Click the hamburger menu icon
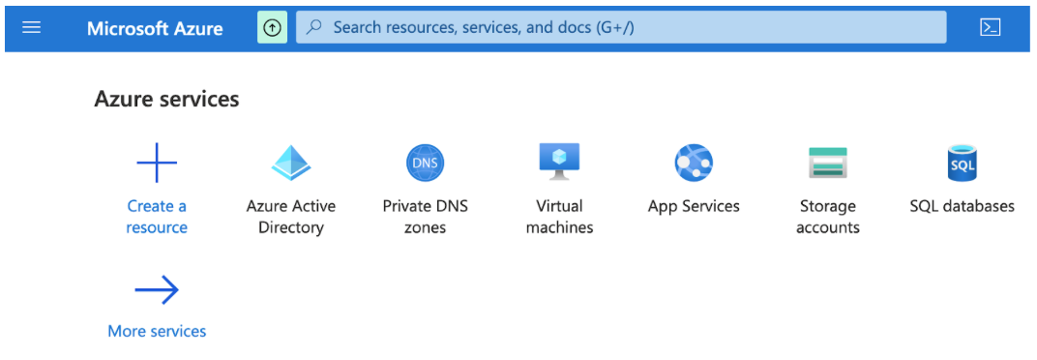coord(31,27)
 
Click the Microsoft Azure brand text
coord(155,28)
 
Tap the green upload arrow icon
coord(272,27)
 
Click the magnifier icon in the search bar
coord(313,27)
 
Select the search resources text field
coord(619,27)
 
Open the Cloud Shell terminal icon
coord(990,27)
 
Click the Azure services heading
coord(166,99)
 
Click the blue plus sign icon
coord(157,163)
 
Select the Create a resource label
coord(157,217)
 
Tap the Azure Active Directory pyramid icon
coord(291,163)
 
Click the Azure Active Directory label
coord(291,217)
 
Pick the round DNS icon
coord(426,163)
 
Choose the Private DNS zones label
coord(426,217)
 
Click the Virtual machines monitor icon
coord(559,161)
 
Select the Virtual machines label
coord(559,217)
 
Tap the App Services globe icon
coord(694,163)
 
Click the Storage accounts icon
coord(828,163)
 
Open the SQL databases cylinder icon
coord(963,163)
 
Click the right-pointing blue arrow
coord(157,289)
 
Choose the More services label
coord(157,331)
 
